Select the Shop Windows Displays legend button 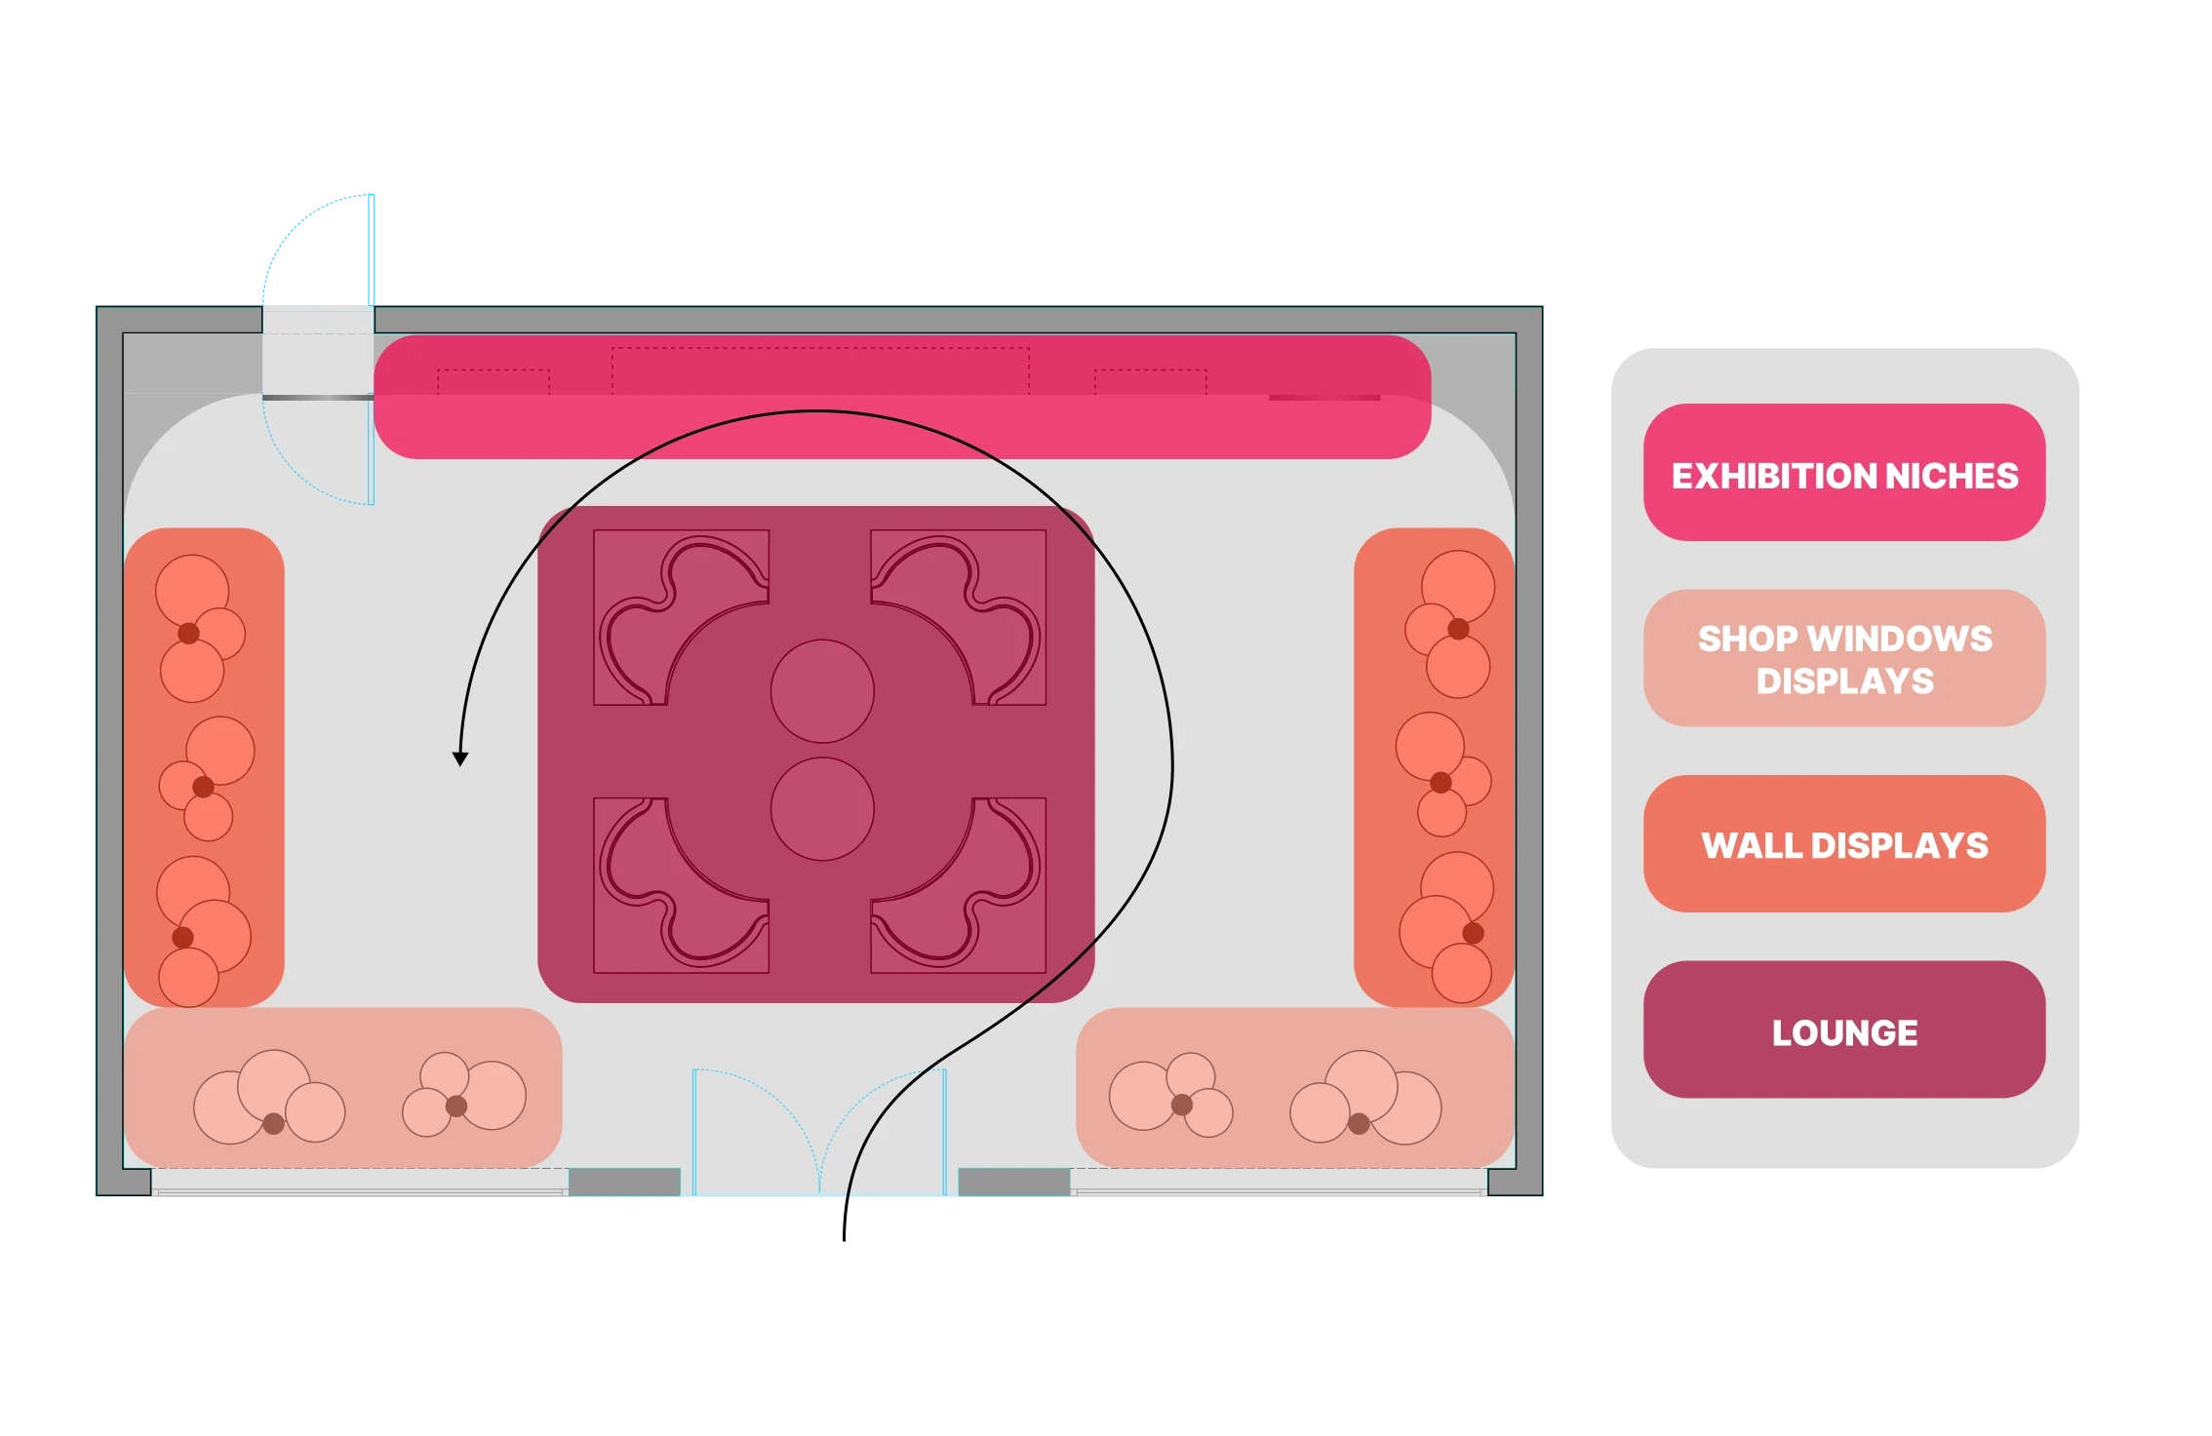click(x=1843, y=658)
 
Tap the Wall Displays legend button click(x=1843, y=844)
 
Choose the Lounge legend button click(x=1843, y=1030)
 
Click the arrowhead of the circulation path click(x=460, y=758)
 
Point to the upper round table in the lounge click(x=822, y=691)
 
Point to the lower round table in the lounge click(x=822, y=809)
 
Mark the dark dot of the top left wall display click(x=188, y=634)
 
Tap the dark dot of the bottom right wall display click(x=1473, y=933)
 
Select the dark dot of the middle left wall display click(x=203, y=787)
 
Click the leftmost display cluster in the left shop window click(x=268, y=1099)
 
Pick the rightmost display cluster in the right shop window click(x=1365, y=1099)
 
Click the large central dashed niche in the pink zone click(x=820, y=370)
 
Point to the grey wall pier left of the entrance click(x=624, y=1183)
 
